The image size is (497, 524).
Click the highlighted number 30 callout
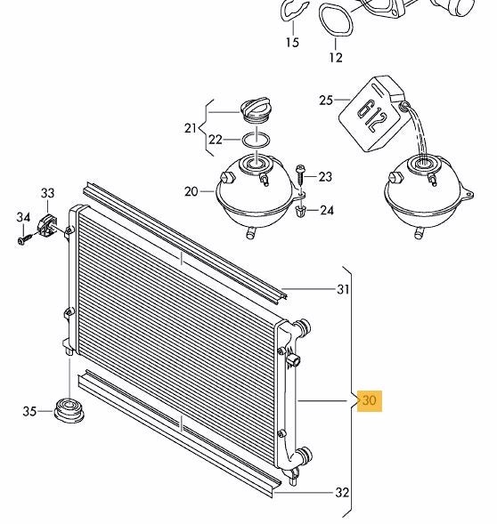pyautogui.click(x=370, y=400)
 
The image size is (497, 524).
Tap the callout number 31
pyautogui.click(x=343, y=289)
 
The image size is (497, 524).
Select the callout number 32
pyautogui.click(x=342, y=492)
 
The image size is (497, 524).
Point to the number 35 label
pyautogui.click(x=29, y=411)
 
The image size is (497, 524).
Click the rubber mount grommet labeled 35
pyautogui.click(x=69, y=410)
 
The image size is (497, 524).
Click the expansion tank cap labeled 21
pyautogui.click(x=256, y=109)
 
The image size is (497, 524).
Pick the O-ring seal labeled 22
pyautogui.click(x=256, y=140)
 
